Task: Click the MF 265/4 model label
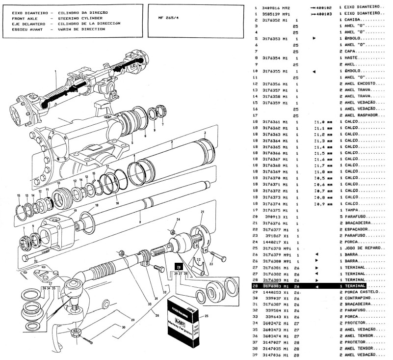(168, 18)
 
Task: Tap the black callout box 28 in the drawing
(179, 266)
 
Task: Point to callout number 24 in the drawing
(178, 219)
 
